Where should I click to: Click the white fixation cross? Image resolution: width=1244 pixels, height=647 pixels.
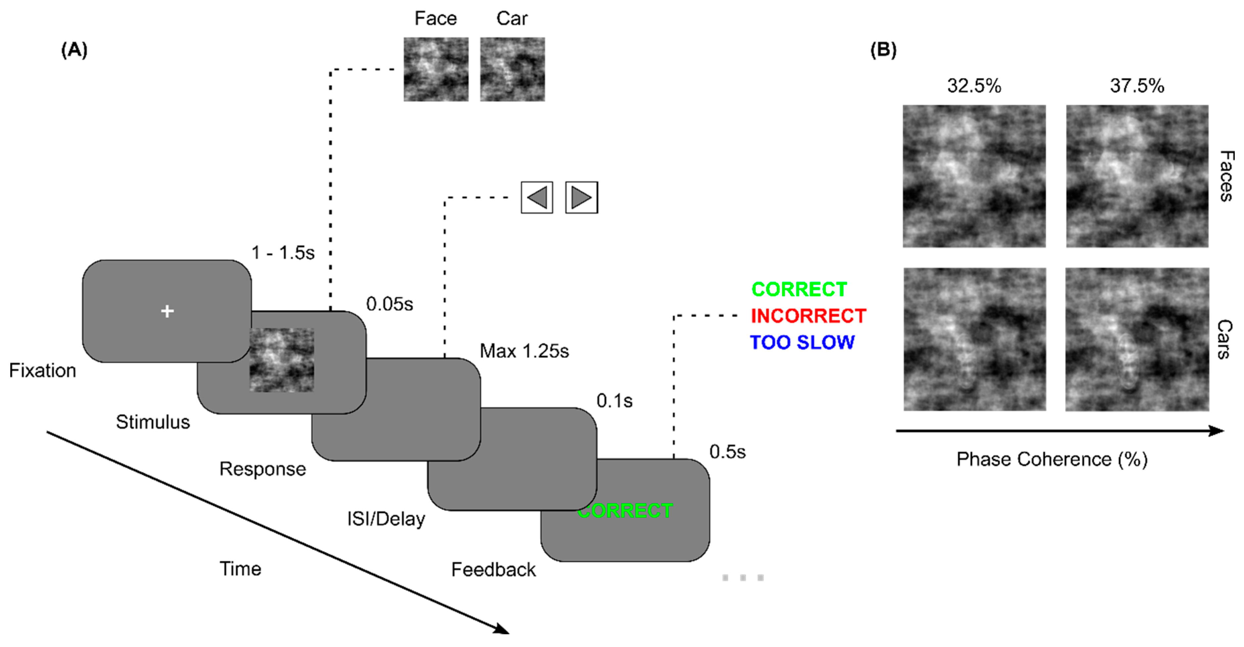pyautogui.click(x=167, y=311)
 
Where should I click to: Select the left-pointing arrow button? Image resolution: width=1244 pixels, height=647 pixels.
pyautogui.click(x=537, y=198)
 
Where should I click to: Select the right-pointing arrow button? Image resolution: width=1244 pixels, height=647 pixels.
pyautogui.click(x=581, y=198)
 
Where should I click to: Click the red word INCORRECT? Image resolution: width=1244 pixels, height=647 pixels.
pyautogui.click(x=808, y=316)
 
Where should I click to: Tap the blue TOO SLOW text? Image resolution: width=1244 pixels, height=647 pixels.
pyautogui.click(x=802, y=343)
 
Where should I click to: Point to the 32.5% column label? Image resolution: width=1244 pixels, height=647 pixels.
pyautogui.click(x=974, y=86)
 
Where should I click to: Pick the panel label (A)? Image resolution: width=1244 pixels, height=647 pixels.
pyautogui.click(x=74, y=50)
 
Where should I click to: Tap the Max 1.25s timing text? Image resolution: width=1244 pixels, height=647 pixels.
pyautogui.click(x=524, y=351)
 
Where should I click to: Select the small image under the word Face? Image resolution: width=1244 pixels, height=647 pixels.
pyautogui.click(x=436, y=69)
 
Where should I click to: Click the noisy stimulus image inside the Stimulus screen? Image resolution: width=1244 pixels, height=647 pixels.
pyautogui.click(x=282, y=360)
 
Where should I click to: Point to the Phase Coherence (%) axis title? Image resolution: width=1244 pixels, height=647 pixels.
pyautogui.click(x=1051, y=460)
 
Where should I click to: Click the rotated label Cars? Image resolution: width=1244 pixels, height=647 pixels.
pyautogui.click(x=1224, y=339)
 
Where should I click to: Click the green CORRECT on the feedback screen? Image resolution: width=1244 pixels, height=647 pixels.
pyautogui.click(x=625, y=511)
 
